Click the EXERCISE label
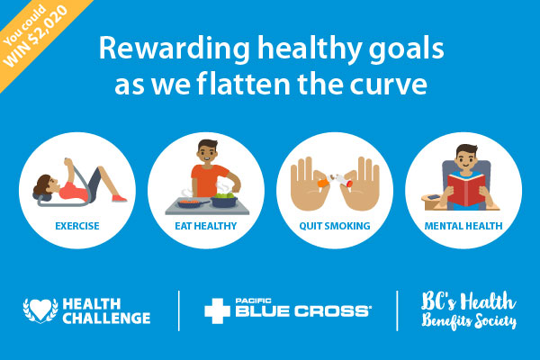pyautogui.click(x=77, y=226)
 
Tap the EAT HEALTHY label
pyautogui.click(x=206, y=226)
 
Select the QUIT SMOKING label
pyautogui.click(x=335, y=226)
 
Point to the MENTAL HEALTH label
pyautogui.click(x=463, y=226)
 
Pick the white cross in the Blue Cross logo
pyautogui.click(x=217, y=310)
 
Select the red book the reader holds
pyautogui.click(x=466, y=190)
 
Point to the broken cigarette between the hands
pyautogui.click(x=335, y=181)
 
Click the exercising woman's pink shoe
pyautogui.click(x=119, y=198)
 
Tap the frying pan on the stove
pyautogui.click(x=192, y=202)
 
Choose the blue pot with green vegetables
pyautogui.click(x=224, y=201)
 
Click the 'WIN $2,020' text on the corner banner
pyautogui.click(x=36, y=37)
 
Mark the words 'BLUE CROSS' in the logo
pyautogui.click(x=302, y=310)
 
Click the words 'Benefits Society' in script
pyautogui.click(x=469, y=321)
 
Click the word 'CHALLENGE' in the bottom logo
pyautogui.click(x=106, y=318)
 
